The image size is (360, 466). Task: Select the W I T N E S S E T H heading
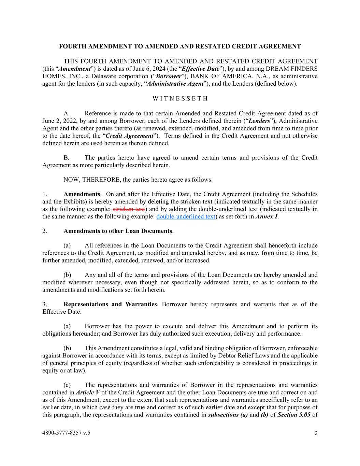point(180,99)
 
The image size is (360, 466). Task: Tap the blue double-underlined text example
point(186,216)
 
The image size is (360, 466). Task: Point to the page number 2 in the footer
point(316,434)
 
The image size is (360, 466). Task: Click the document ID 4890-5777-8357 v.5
point(67,433)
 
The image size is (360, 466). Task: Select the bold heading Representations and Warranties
point(110,304)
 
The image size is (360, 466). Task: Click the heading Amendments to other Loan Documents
point(118,231)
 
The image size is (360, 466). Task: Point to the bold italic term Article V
point(88,393)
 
